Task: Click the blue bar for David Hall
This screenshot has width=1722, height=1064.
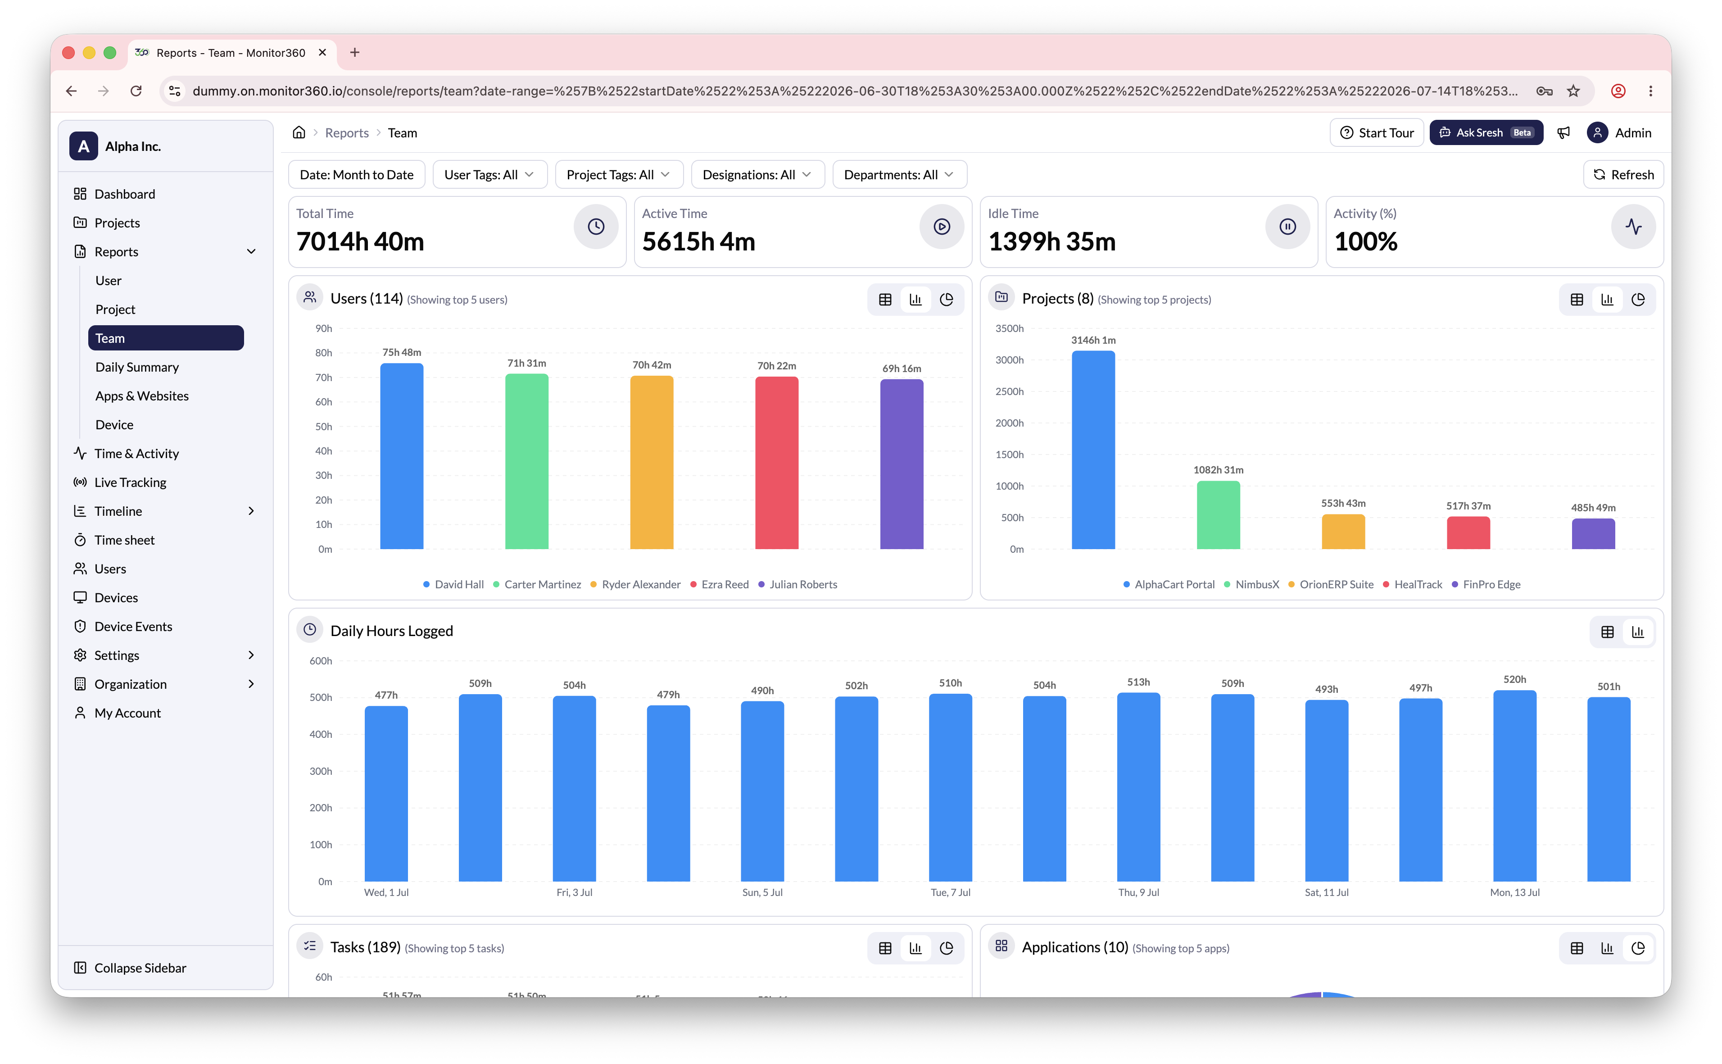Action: point(402,456)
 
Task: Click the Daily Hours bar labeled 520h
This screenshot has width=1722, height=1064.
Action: point(1514,786)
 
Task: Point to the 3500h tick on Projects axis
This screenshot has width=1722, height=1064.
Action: point(1010,329)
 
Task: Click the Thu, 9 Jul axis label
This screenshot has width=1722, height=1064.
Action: point(1138,892)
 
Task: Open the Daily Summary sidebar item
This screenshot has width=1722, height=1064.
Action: point(137,367)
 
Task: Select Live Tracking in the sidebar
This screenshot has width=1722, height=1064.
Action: point(130,482)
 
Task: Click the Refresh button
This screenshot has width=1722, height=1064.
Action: point(1623,174)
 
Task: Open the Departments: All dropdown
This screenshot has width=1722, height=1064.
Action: point(899,174)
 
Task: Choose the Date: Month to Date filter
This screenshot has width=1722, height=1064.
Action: point(357,174)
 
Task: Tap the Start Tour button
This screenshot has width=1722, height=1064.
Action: point(1377,132)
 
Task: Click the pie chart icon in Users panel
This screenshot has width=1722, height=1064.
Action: point(946,300)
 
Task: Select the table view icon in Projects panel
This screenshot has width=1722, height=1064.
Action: point(1577,300)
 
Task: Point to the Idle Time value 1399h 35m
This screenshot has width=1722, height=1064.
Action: point(1051,241)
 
